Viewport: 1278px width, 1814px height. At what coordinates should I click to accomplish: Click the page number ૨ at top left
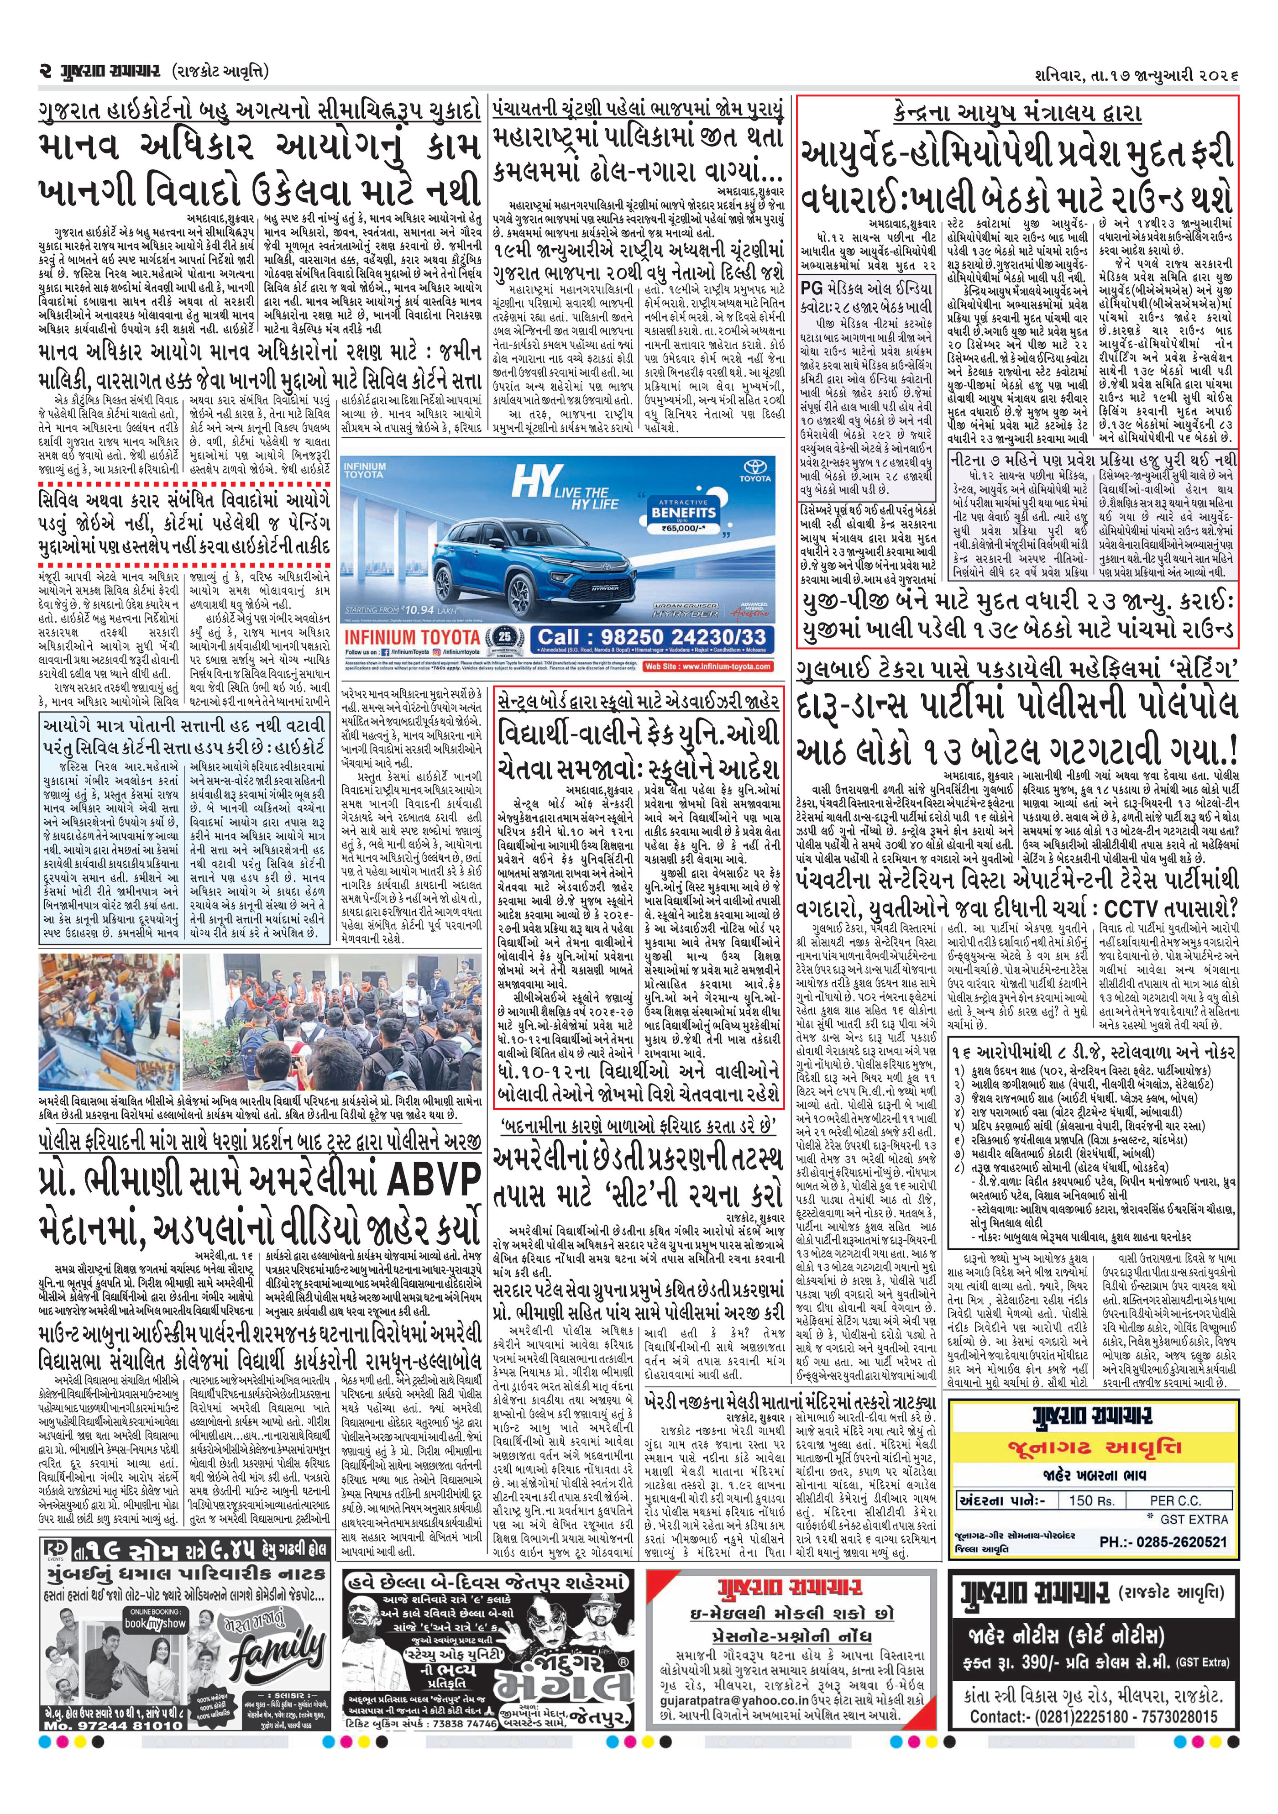pyautogui.click(x=45, y=72)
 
